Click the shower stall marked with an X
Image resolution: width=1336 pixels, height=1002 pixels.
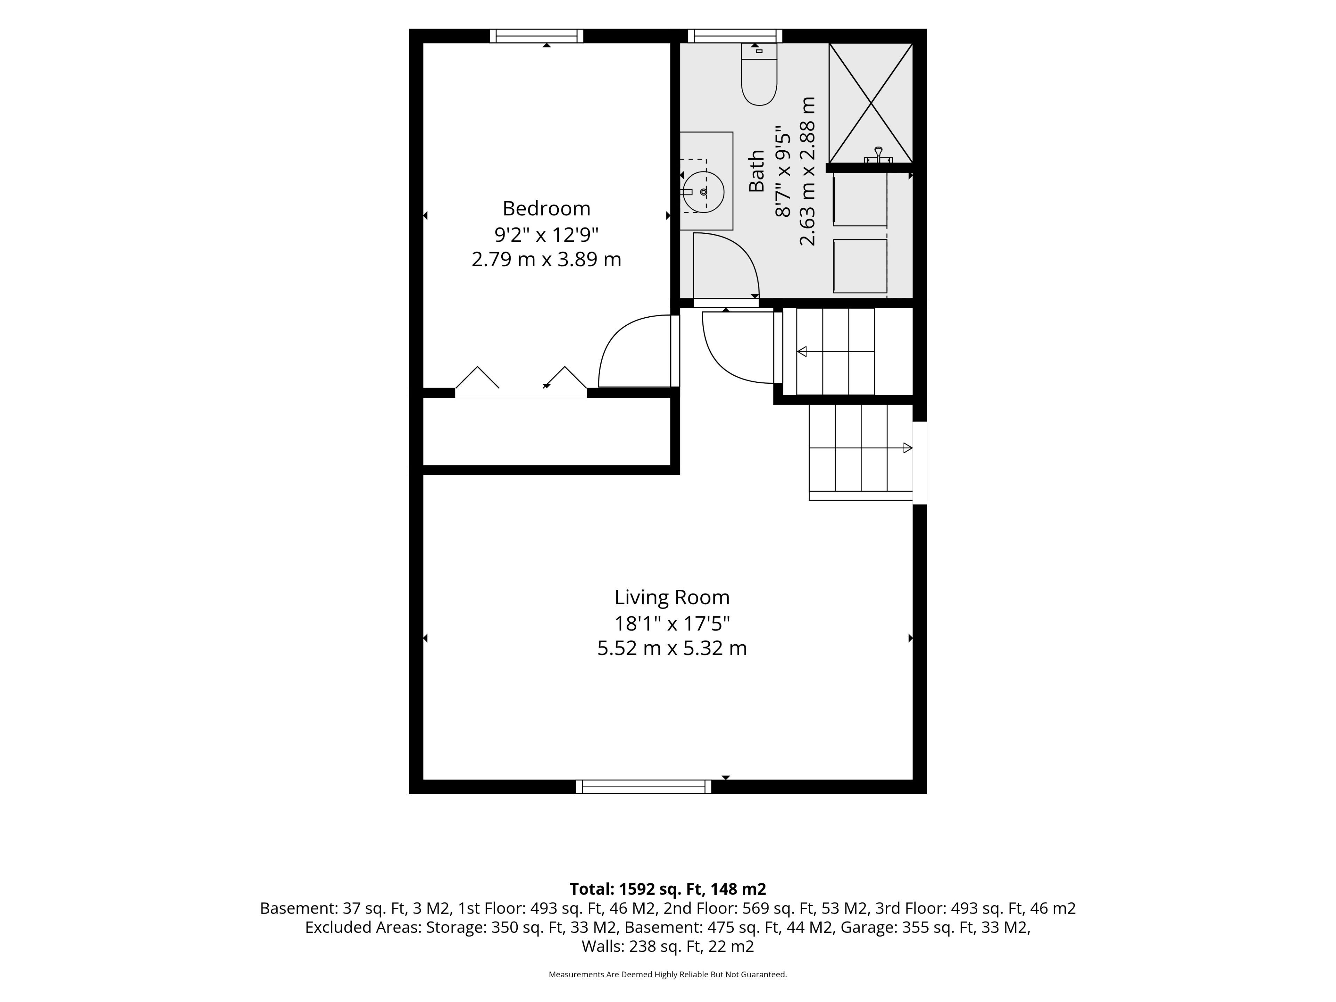click(x=870, y=103)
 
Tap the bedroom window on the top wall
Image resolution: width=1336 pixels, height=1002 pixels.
click(x=536, y=35)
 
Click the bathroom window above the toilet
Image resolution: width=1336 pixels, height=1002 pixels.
click(x=735, y=35)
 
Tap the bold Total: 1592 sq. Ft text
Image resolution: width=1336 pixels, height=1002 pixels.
click(x=637, y=889)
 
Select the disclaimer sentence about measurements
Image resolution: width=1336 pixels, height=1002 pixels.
click(x=667, y=974)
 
